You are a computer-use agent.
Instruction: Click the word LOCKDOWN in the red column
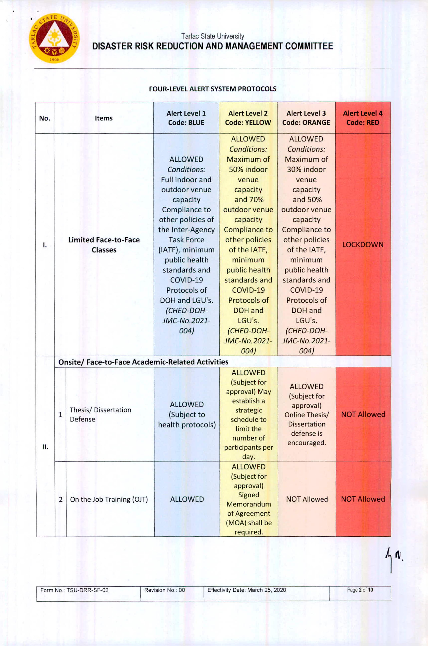[363, 244]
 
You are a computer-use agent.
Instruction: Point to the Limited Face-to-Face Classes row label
[104, 245]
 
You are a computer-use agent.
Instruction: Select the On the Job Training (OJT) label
[109, 499]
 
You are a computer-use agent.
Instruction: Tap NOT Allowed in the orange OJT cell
[307, 499]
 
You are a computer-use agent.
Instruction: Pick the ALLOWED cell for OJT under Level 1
[187, 499]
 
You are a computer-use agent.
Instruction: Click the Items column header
[104, 118]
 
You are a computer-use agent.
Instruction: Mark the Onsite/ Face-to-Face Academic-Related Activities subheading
[143, 362]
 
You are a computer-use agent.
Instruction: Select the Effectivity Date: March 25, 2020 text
[246, 590]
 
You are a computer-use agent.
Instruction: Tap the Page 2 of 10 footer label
[360, 590]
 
